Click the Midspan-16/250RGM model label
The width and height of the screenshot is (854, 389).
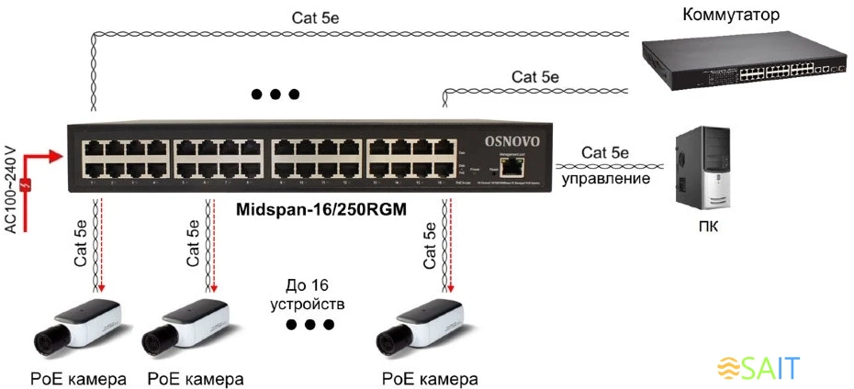coord(321,209)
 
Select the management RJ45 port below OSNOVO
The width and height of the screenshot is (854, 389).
coord(517,167)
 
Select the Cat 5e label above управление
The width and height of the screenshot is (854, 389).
coord(605,151)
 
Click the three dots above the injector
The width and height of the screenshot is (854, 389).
coord(275,94)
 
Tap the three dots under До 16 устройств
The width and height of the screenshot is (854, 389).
coord(309,325)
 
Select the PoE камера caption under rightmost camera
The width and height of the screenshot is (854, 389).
coord(431,378)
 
